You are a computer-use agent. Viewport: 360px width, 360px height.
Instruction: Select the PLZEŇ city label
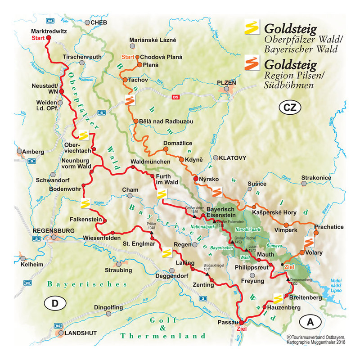click(x=226, y=83)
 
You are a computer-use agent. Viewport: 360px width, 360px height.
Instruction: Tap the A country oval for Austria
click(x=310, y=322)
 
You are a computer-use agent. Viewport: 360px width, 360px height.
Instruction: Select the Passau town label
click(x=227, y=322)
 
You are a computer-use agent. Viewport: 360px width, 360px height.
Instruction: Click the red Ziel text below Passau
click(x=242, y=329)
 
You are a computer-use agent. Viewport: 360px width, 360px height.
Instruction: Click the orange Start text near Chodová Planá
click(x=128, y=57)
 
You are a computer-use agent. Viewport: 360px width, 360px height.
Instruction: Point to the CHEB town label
click(x=100, y=22)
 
